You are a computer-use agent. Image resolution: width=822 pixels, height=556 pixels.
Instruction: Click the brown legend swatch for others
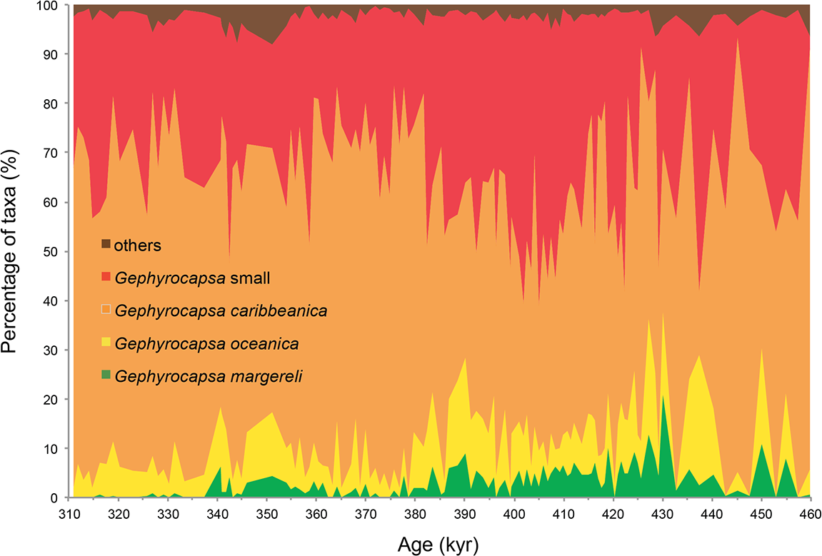(x=106, y=245)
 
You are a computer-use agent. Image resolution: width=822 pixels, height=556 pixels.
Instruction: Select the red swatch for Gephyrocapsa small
(x=106, y=277)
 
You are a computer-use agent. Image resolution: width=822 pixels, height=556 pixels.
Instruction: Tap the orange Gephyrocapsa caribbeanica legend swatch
(x=106, y=310)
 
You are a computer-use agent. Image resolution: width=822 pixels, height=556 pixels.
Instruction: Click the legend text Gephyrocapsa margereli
(x=208, y=376)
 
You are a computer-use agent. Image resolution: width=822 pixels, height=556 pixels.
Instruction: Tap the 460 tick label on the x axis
(x=810, y=514)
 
